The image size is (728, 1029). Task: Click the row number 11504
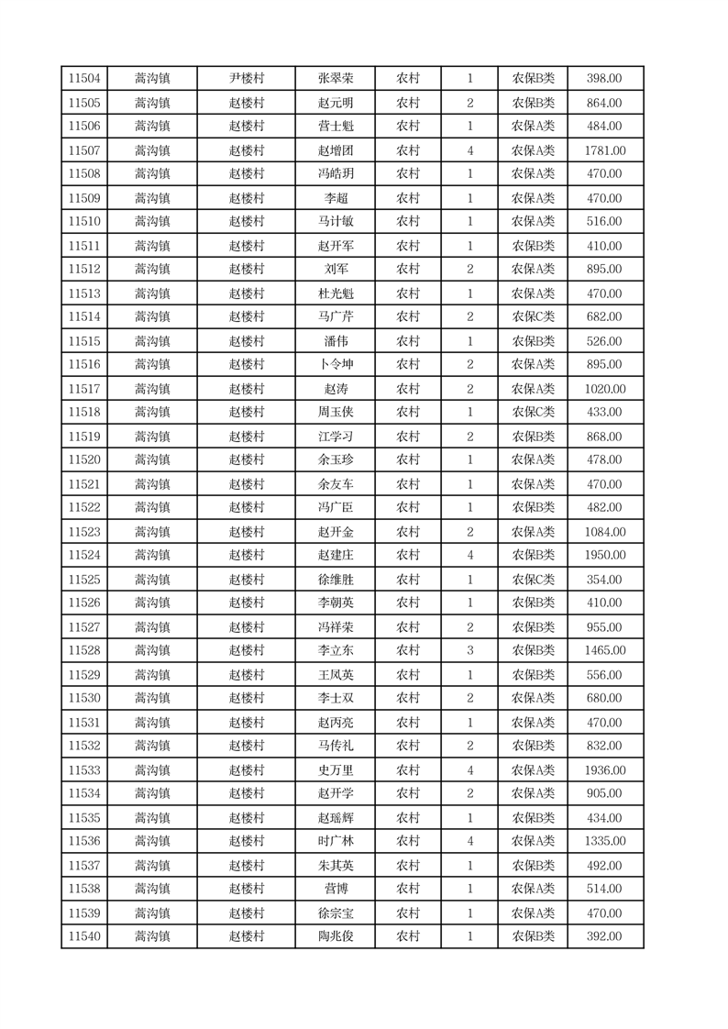(x=84, y=79)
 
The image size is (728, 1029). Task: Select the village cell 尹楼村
(x=246, y=79)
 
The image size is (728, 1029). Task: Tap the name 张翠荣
(x=336, y=79)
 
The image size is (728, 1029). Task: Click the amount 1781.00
(x=604, y=150)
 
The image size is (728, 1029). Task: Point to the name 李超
(x=336, y=198)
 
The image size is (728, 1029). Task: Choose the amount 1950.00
(x=604, y=556)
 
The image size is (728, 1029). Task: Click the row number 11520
(x=84, y=460)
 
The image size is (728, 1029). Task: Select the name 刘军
(x=336, y=270)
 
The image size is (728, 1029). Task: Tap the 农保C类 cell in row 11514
(x=533, y=317)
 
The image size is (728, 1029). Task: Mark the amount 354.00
(x=604, y=580)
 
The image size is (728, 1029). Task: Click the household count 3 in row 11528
(x=470, y=651)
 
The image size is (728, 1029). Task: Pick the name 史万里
(x=336, y=770)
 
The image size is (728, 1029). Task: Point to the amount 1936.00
(x=604, y=770)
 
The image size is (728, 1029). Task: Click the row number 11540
(x=84, y=936)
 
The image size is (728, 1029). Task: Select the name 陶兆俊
(x=336, y=936)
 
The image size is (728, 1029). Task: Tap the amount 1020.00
(x=604, y=389)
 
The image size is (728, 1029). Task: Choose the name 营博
(x=336, y=889)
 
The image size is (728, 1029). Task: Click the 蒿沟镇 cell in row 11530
(x=152, y=699)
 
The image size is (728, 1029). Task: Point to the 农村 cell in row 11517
(x=408, y=389)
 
